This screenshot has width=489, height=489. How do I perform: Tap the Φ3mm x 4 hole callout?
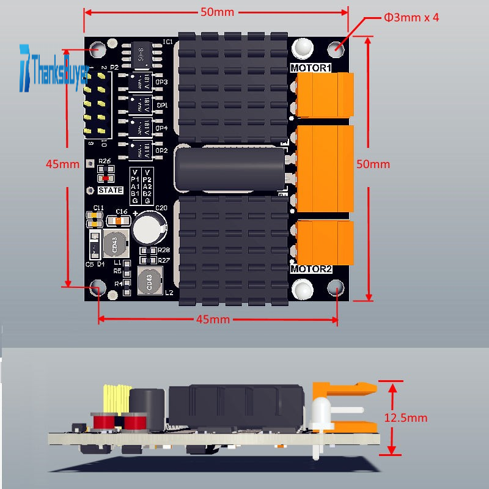[411, 17]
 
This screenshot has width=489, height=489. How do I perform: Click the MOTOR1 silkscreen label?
[311, 68]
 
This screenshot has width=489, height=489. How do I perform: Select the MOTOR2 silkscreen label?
[311, 269]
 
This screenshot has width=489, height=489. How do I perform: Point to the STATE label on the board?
[110, 190]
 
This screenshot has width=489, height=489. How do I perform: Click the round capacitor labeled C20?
[150, 228]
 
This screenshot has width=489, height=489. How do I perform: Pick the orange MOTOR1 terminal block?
[324, 95]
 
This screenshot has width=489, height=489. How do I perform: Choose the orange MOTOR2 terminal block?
[324, 242]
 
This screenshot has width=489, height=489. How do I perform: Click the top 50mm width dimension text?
[217, 12]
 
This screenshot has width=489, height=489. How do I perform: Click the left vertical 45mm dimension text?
[62, 164]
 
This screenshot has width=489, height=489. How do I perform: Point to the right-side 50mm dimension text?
[373, 164]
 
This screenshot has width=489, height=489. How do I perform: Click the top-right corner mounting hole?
[336, 48]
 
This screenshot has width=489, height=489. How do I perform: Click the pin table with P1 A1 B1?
[141, 185]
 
